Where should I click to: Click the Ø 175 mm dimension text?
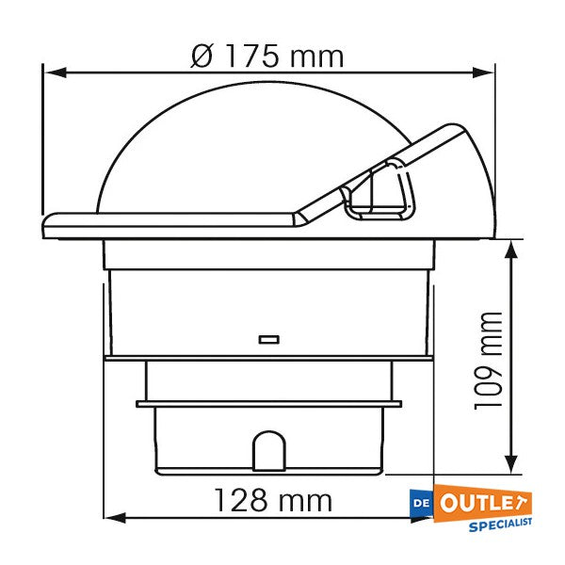(266, 56)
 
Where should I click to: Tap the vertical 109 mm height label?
(488, 361)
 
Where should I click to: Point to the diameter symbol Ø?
(202, 56)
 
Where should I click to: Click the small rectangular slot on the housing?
(268, 337)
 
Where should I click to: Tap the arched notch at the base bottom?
(268, 449)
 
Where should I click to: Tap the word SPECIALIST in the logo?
(499, 522)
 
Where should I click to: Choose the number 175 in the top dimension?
(250, 56)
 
